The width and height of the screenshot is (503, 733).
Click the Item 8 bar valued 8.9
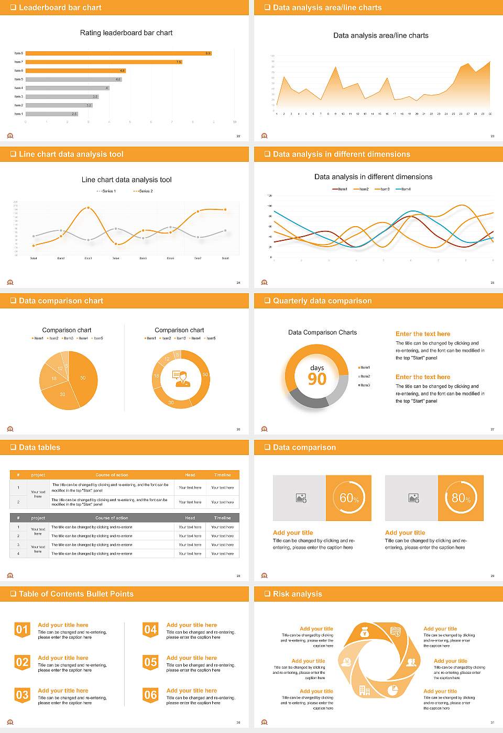(x=118, y=53)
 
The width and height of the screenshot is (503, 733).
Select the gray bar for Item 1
(x=51, y=114)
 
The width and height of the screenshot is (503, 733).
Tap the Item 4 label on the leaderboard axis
(x=18, y=88)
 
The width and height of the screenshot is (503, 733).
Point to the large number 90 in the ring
(x=317, y=379)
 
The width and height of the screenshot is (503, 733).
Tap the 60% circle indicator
(x=349, y=498)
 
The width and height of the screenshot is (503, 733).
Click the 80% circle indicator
(x=461, y=498)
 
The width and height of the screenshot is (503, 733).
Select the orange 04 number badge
(x=150, y=630)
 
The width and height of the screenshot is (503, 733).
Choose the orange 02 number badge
(x=22, y=662)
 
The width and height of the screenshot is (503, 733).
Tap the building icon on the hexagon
(x=365, y=691)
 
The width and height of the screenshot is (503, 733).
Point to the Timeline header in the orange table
(x=222, y=475)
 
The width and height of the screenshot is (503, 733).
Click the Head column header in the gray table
(x=190, y=518)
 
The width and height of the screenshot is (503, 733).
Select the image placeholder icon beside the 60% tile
(x=301, y=498)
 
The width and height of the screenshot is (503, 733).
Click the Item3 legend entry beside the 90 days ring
(x=365, y=385)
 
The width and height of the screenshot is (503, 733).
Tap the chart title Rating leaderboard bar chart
(x=126, y=32)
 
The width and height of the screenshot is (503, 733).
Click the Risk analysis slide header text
(x=297, y=594)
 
